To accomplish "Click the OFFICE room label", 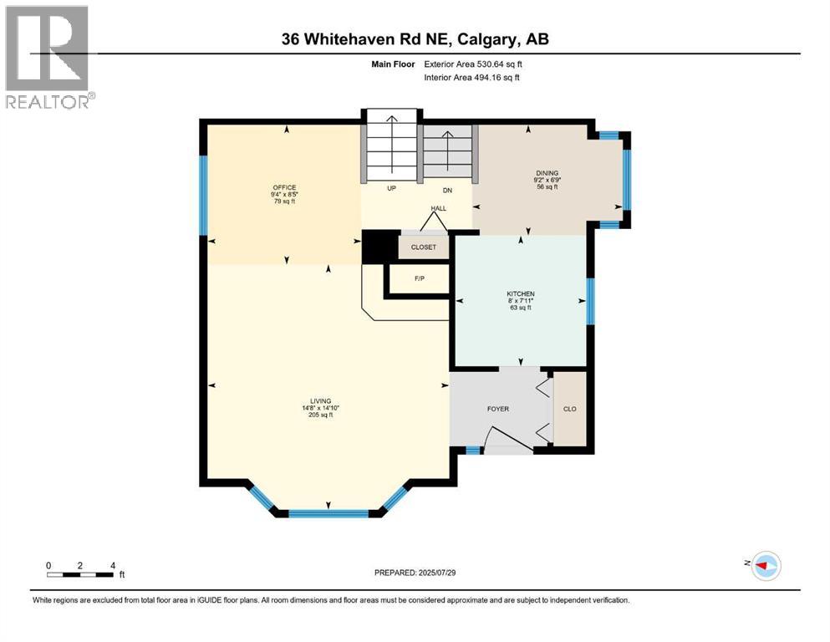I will pyautogui.click(x=284, y=187).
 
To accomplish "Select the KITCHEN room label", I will pyautogui.click(x=520, y=294).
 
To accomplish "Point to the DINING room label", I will pyautogui.click(x=547, y=173).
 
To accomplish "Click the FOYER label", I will pyautogui.click(x=498, y=409).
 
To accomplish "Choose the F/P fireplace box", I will pyautogui.click(x=420, y=278).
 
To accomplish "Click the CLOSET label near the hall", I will pyautogui.click(x=425, y=247).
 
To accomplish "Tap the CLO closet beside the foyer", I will pyautogui.click(x=570, y=410).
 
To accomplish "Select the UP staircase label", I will pyautogui.click(x=390, y=189).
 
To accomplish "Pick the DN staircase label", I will pyautogui.click(x=447, y=189).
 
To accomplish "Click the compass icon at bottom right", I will pyautogui.click(x=766, y=566).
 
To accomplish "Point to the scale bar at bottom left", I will pyautogui.click(x=80, y=574).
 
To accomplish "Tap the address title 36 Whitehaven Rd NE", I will pyautogui.click(x=415, y=39).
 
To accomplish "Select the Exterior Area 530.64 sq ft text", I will pyautogui.click(x=477, y=64).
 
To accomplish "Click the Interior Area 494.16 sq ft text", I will pyautogui.click(x=477, y=78).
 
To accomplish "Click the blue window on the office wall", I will pyautogui.click(x=203, y=196).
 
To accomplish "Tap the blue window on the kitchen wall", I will pyautogui.click(x=590, y=301).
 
